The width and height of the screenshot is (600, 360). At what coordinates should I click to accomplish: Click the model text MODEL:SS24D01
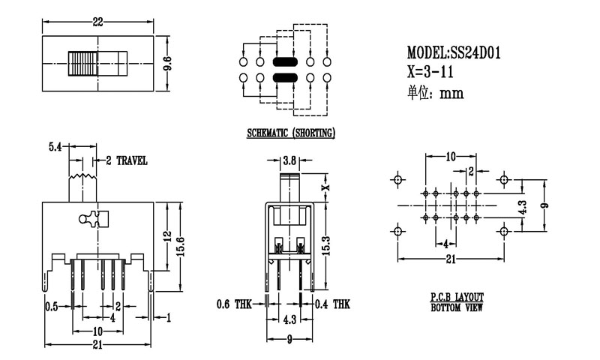(x=454, y=53)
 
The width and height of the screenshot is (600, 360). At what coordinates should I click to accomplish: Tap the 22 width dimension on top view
(x=97, y=22)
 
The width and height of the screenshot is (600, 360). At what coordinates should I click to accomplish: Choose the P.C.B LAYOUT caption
(x=457, y=298)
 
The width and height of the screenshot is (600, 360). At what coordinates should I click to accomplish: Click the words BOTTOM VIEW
(x=457, y=307)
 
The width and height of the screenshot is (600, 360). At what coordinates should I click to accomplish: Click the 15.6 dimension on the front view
(x=179, y=244)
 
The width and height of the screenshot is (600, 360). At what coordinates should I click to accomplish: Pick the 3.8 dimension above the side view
(x=289, y=159)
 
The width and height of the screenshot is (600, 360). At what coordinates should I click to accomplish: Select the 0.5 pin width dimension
(x=52, y=306)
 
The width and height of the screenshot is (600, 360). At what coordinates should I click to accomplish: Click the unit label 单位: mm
(x=435, y=93)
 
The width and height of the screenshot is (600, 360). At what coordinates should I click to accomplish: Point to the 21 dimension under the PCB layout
(x=450, y=259)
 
